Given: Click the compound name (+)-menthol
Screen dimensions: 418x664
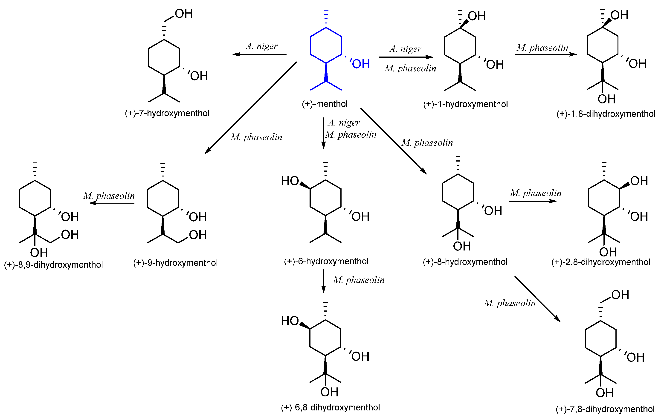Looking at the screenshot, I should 325,104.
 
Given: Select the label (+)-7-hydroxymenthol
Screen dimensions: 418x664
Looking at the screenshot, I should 167,113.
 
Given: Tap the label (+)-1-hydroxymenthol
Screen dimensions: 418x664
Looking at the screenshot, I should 465,104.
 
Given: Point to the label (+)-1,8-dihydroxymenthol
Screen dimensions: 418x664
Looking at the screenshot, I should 606,114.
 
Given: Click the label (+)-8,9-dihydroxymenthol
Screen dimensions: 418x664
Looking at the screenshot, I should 53,265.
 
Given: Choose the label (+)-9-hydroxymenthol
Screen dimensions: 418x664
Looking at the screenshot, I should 175,263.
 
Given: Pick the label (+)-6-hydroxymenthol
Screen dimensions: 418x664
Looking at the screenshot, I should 326,261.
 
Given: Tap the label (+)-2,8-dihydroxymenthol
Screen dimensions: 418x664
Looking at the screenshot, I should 600,262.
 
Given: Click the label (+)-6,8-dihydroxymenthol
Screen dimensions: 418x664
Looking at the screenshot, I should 330,407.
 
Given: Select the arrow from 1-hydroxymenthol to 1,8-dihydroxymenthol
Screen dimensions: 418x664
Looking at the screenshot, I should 545,54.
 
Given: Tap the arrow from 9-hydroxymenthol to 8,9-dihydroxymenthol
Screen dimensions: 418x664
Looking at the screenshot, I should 112,203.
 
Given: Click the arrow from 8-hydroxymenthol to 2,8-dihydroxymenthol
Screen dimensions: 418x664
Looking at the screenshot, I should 533,201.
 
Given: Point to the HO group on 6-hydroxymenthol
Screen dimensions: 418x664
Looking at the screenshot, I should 290,181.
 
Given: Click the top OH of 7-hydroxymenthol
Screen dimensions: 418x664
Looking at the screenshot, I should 184,14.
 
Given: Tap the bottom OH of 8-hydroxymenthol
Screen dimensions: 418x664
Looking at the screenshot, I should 462,246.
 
